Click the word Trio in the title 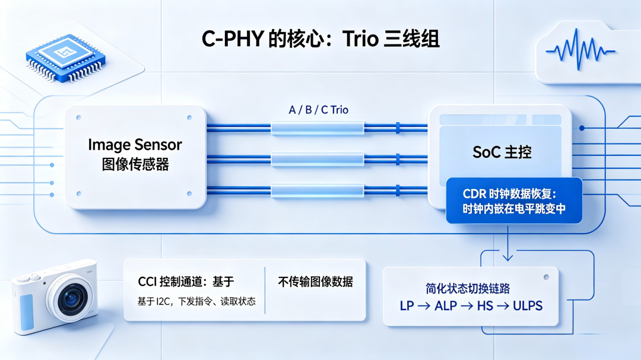coord(361,39)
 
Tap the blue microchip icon coord(65,57)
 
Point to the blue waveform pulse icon coord(580,49)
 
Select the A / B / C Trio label coord(319,110)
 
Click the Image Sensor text coord(135,145)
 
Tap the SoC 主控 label coord(502,152)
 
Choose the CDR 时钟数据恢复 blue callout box coord(514,200)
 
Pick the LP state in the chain coord(407,305)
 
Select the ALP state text coord(446,305)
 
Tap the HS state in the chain coord(485,305)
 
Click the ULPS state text coord(528,305)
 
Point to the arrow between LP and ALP coord(424,305)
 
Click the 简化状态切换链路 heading coord(468,288)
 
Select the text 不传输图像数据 coord(316,282)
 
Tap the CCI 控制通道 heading coord(186,282)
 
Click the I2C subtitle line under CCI coord(196,301)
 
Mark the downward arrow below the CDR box coord(507,243)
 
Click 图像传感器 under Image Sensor coord(135,164)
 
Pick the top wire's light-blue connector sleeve coord(317,128)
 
